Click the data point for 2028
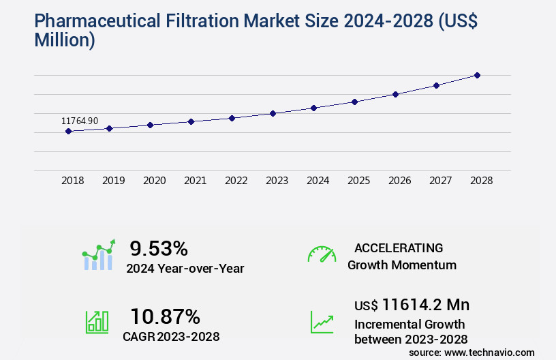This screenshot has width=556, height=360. pos(477,75)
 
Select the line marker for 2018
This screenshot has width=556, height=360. pos(69,131)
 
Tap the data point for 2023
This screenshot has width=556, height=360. pos(273,113)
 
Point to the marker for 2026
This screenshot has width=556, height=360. pos(395,94)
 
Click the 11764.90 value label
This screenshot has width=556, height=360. pos(80,121)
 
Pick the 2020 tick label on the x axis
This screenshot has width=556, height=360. pos(154,181)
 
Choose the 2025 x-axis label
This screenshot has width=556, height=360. pos(358,181)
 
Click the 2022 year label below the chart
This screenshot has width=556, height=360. pos(236,181)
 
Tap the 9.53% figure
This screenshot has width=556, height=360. pos(159,248)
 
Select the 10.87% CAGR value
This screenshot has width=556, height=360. pos(165,316)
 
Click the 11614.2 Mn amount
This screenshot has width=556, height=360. pos(425,305)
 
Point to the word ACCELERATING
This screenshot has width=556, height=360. pos(399,248)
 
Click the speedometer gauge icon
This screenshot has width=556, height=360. pos(322,254)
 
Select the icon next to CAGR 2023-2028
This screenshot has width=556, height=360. pos(97,322)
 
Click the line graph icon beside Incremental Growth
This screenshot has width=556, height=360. pos(322,322)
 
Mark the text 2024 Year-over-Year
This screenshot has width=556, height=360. pos(185,269)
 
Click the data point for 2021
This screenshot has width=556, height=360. pos(191,121)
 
